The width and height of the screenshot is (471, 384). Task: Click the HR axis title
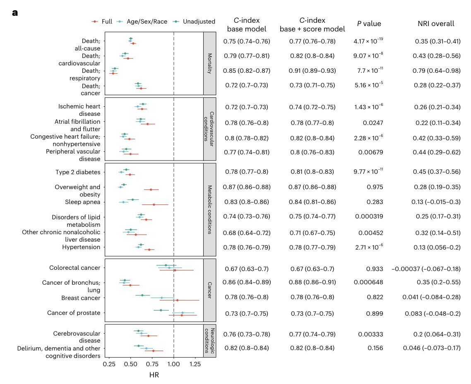(x=154, y=375)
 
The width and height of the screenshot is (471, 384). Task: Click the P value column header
(x=369, y=24)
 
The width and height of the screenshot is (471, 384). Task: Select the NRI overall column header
(x=436, y=24)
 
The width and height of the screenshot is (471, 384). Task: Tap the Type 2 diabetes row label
(x=78, y=172)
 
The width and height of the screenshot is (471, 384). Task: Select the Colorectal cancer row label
(x=74, y=268)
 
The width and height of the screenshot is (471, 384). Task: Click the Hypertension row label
(x=81, y=247)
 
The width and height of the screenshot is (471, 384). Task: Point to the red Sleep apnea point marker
(x=154, y=204)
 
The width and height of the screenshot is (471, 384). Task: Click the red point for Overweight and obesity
(x=151, y=190)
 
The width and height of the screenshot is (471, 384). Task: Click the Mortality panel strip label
(x=210, y=63)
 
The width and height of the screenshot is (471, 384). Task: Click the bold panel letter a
(x=15, y=12)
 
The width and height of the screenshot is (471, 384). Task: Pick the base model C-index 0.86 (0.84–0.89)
(x=247, y=283)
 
